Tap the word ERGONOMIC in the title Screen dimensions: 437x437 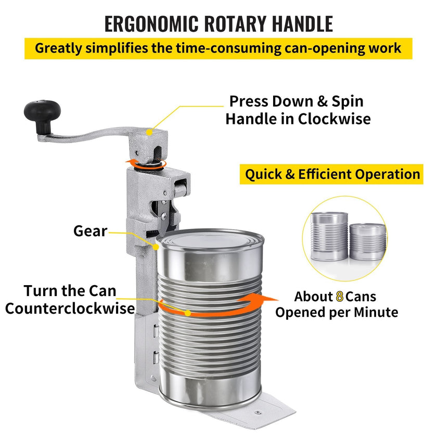[x=151, y=24]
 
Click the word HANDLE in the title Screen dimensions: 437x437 [x=302, y=24]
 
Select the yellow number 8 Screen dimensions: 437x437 [x=339, y=297]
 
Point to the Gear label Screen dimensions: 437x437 [x=91, y=231]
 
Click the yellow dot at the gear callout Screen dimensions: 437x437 [x=156, y=247]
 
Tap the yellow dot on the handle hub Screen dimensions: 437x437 [x=149, y=132]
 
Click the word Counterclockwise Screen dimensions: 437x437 [x=70, y=309]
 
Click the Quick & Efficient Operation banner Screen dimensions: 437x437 [x=331, y=174]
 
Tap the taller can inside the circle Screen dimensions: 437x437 [x=329, y=236]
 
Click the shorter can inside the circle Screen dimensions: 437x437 [x=368, y=241]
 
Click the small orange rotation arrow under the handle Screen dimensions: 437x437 [x=146, y=164]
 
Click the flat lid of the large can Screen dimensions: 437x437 [x=210, y=240]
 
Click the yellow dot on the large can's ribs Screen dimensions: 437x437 [x=188, y=313]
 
